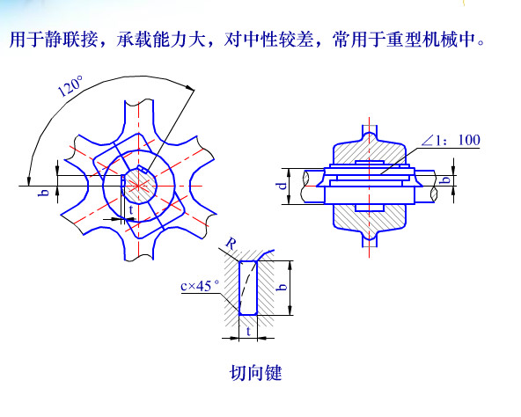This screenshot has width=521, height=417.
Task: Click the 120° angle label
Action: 70,86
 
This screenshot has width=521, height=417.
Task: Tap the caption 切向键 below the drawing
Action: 255,373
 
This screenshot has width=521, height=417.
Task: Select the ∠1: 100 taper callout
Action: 451,140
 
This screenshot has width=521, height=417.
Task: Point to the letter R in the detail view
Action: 231,244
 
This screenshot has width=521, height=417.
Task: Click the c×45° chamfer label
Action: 200,286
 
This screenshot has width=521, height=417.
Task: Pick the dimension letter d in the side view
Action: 283,186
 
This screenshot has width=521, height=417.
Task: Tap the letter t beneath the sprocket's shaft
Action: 131,210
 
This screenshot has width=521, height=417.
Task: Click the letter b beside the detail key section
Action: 282,287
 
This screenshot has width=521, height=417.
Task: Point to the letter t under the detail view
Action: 248,332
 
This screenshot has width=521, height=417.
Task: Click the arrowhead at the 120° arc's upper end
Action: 190,88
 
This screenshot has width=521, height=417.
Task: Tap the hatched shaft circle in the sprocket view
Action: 138,186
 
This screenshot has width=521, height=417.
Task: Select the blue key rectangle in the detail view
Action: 248,288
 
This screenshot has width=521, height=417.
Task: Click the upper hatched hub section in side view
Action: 369,149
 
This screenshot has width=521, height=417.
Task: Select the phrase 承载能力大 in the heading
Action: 161,40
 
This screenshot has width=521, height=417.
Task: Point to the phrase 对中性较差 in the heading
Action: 268,40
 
